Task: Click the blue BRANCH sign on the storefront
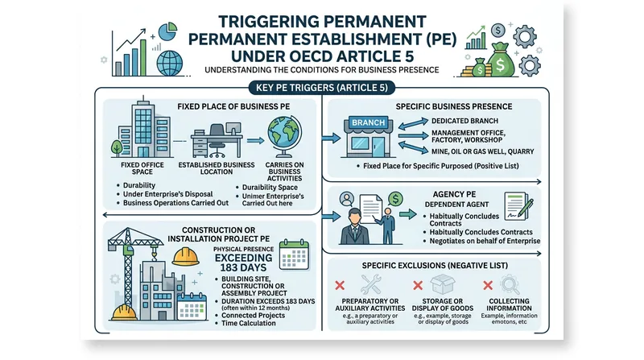point(369,122)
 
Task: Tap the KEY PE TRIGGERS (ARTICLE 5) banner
point(321,88)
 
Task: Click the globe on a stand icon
point(284,136)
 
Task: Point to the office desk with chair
point(217,141)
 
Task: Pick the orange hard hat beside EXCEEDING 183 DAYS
point(186,256)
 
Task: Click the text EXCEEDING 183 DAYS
point(244,263)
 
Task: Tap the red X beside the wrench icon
point(340,285)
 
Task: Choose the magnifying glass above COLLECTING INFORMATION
point(510,285)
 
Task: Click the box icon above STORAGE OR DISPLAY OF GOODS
point(443,284)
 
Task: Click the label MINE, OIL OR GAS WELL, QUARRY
point(482,151)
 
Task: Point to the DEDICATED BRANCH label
point(464,121)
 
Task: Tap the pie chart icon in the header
point(167,31)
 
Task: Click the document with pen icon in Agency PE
point(518,206)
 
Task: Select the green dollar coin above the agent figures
point(395,199)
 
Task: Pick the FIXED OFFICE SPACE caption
point(142,168)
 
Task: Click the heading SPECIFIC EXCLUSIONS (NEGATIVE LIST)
point(435,266)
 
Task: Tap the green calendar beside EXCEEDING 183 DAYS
point(294,254)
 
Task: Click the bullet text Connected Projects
point(253,315)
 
